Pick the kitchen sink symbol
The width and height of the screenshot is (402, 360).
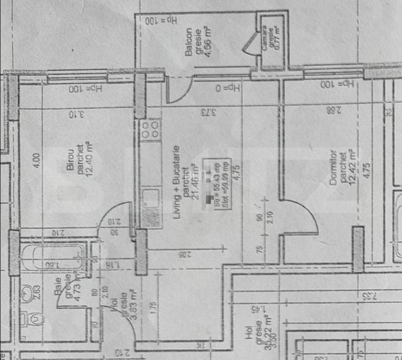click(x=151, y=196)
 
